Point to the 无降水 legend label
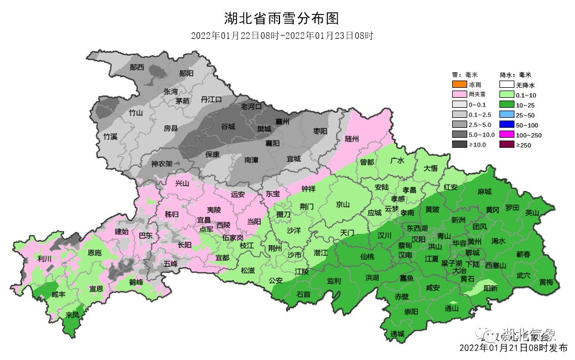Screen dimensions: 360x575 point(525,85)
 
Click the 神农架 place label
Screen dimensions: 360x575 point(162,164)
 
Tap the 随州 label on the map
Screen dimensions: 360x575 point(352,139)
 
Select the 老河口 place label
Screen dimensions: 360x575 point(251,106)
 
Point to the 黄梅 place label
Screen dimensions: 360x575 point(546,282)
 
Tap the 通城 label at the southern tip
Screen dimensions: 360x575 point(397,334)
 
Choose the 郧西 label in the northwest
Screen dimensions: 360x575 point(137,67)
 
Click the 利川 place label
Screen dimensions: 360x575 point(44,259)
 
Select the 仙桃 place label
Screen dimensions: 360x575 point(367,257)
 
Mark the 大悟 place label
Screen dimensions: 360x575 point(431,168)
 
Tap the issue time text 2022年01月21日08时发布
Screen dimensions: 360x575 point(513,348)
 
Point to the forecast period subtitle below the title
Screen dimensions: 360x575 point(281,36)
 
